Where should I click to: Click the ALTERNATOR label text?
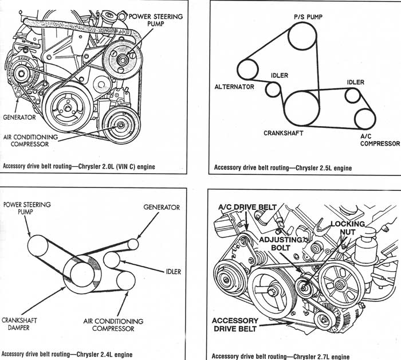point(234,88)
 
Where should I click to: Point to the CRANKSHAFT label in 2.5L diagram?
point(283,133)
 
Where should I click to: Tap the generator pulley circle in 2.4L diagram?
point(133,244)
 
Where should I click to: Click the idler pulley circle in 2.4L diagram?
point(112,260)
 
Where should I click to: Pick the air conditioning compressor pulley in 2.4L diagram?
point(125,280)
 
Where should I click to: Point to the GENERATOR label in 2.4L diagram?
point(161,207)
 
